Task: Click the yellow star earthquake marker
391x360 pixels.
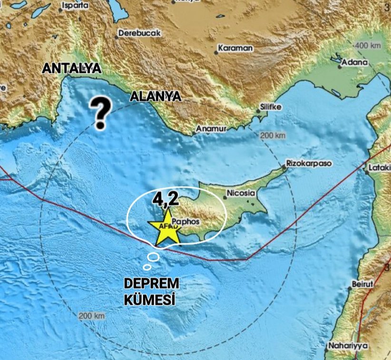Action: [165, 227]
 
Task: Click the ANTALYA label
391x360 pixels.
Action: [72, 69]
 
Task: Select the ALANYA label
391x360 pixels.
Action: [156, 97]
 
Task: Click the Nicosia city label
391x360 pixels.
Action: [241, 194]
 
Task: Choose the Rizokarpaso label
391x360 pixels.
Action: [308, 163]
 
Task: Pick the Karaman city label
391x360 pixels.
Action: [235, 48]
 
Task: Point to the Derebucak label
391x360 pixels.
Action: [139, 33]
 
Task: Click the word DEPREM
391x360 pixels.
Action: [149, 283]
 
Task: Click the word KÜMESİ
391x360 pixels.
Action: [149, 300]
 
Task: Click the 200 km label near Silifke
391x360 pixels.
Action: [274, 136]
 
